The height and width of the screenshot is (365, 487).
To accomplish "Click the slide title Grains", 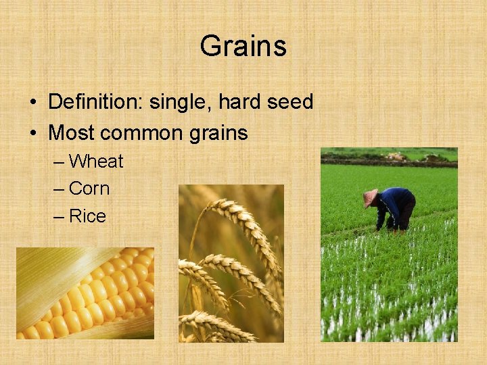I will point(243,47).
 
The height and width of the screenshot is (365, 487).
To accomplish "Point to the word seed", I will point(289,103).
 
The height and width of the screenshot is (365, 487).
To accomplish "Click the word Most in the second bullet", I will point(71,132).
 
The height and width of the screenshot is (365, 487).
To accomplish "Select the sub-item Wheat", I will point(96,162).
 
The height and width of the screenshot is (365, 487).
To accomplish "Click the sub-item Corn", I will point(89,189).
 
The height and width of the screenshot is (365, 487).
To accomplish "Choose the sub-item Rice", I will point(87,216).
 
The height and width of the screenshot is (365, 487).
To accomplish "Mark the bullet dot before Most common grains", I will point(32,133).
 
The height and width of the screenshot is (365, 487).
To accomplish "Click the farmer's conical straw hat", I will point(370,197).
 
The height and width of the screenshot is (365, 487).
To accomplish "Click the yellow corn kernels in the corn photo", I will point(101,291).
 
